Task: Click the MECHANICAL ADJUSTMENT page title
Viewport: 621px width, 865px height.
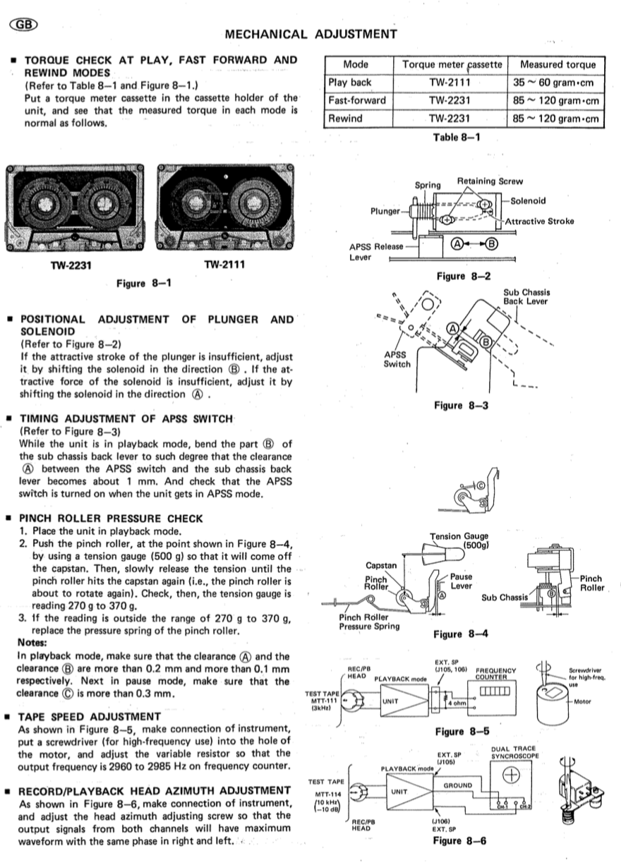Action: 310,34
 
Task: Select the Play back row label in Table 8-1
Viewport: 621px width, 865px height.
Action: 350,83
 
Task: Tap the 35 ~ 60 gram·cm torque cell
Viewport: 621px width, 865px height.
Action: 556,83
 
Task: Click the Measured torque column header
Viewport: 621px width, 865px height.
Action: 556,65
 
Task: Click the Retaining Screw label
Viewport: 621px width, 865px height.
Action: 490,181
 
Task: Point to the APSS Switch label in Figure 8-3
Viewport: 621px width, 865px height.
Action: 397,360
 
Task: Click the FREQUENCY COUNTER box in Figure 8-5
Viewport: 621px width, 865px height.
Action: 498,688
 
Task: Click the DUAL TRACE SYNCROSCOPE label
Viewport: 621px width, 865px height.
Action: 514,752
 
